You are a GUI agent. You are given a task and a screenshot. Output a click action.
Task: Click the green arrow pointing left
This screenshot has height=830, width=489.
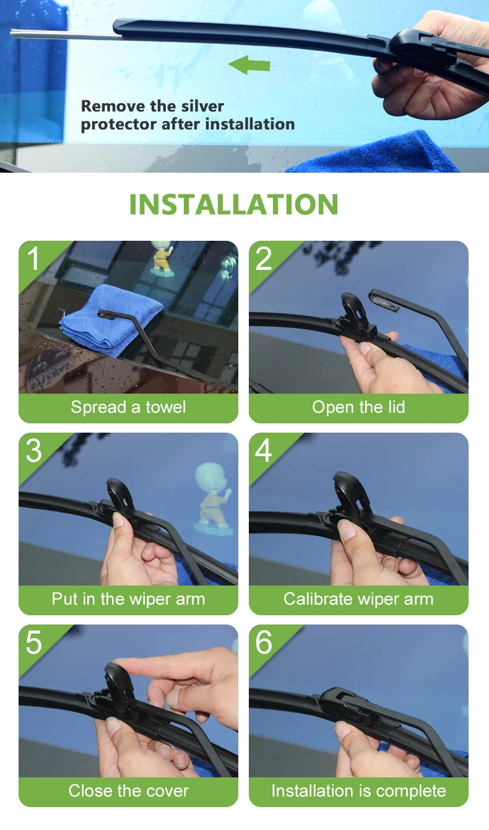click(249, 65)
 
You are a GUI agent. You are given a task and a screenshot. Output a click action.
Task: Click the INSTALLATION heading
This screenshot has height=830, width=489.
click(234, 204)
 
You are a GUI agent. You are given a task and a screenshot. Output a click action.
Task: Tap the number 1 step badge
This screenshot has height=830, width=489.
click(33, 259)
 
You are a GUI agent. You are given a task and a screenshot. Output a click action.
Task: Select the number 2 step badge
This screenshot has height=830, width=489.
click(264, 259)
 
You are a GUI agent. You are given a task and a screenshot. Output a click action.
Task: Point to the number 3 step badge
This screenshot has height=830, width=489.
click(33, 451)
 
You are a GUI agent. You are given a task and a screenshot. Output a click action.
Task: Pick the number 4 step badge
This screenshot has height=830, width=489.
click(264, 451)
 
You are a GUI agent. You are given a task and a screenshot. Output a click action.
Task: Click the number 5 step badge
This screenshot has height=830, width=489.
click(33, 642)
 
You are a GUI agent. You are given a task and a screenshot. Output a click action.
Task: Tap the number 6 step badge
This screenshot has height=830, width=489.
click(264, 642)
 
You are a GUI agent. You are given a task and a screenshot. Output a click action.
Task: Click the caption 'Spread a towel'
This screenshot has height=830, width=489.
click(128, 407)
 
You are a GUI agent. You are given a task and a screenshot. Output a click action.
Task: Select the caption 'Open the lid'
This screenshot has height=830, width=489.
click(358, 407)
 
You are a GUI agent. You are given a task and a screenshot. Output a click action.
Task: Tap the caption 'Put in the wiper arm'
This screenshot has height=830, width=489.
click(128, 599)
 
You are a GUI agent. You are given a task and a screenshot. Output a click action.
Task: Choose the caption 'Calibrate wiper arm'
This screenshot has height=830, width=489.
click(358, 599)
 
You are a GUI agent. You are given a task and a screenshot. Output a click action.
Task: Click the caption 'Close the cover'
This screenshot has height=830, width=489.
click(128, 791)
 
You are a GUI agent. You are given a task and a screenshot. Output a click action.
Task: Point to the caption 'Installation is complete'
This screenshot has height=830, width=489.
click(358, 791)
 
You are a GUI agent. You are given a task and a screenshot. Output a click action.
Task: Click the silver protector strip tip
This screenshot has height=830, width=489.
click(11, 33)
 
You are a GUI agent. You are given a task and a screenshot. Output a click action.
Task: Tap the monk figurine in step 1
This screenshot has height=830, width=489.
click(163, 258)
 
